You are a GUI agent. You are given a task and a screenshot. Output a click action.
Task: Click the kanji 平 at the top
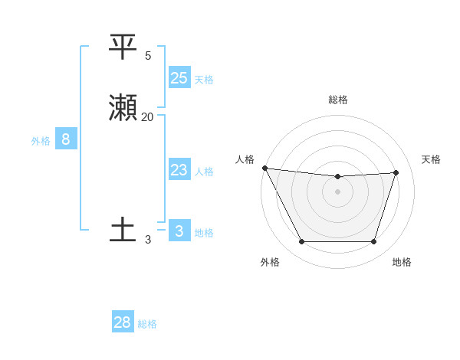(123, 47)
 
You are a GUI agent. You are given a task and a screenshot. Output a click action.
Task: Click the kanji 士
(123, 230)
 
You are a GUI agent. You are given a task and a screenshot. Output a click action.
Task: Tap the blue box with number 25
(179, 77)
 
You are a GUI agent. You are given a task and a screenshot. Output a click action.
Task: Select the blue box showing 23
(179, 170)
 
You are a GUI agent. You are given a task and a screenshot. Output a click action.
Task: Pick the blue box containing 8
(66, 139)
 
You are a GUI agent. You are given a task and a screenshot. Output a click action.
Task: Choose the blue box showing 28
(123, 322)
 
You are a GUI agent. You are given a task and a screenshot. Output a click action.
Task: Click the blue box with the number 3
(179, 231)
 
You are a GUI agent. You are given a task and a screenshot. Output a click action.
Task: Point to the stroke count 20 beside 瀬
(147, 116)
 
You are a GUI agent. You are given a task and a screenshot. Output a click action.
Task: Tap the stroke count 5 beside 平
(148, 55)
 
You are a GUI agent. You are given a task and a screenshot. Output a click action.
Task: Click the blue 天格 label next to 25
(204, 79)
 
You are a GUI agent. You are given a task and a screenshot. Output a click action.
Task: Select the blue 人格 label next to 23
(204, 172)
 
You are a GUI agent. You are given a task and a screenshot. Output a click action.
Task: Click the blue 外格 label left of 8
(41, 141)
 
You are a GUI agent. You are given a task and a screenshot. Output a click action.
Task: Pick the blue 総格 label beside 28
(147, 324)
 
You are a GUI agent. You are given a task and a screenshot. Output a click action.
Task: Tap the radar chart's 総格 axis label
(338, 100)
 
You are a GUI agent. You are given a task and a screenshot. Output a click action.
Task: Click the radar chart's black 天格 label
(432, 159)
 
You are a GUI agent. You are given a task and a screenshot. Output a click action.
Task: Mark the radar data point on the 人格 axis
(265, 168)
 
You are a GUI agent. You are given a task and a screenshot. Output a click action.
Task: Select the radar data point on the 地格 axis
(374, 242)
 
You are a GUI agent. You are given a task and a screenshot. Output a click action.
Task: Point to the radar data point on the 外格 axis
(301, 242)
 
